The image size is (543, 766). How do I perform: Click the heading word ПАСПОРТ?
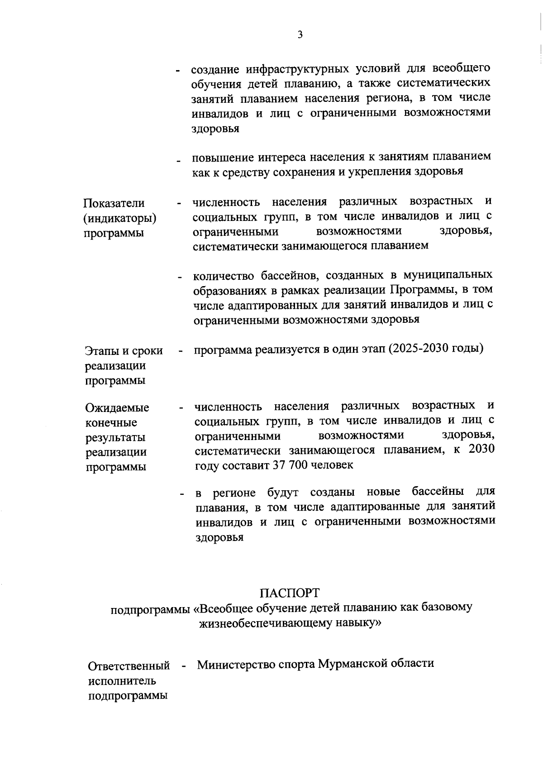click(290, 593)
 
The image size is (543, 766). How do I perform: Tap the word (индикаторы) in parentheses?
click(120, 219)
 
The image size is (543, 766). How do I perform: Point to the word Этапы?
click(101, 351)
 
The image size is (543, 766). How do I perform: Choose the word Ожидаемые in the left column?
click(117, 408)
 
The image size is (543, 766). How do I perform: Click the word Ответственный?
click(129, 666)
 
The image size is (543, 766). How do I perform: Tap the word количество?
click(224, 276)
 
